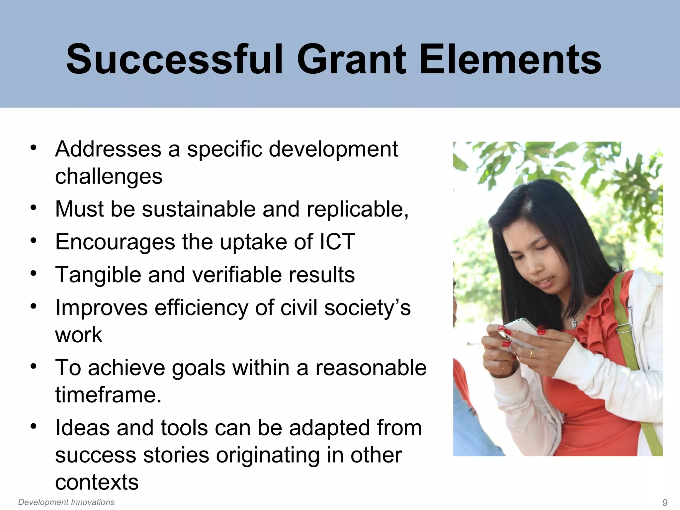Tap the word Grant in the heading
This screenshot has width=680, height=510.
click(351, 60)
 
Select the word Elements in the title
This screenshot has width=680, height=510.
click(510, 60)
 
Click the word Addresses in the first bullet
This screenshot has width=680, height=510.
click(108, 149)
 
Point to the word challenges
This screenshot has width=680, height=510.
click(109, 176)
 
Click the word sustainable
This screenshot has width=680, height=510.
click(199, 209)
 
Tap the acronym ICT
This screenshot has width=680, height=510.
click(337, 242)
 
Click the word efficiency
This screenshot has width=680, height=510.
click(201, 308)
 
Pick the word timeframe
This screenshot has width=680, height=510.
click(108, 395)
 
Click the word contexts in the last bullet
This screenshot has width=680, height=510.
click(97, 482)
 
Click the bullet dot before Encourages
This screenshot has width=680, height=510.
click(33, 240)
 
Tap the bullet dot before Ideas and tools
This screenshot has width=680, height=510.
click(33, 426)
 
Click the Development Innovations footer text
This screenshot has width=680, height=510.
click(66, 502)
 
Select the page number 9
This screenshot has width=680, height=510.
click(665, 502)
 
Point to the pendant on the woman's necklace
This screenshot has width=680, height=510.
click(574, 322)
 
